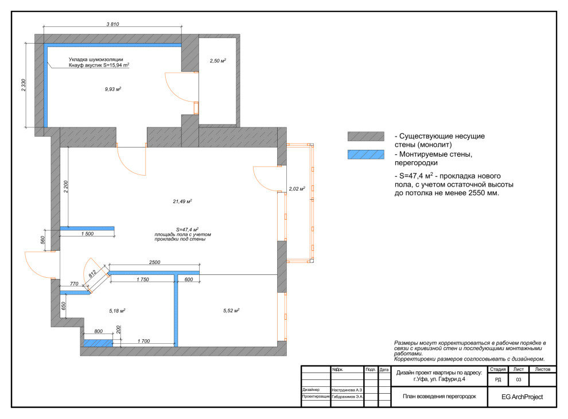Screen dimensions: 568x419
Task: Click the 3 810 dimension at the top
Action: (x=112, y=24)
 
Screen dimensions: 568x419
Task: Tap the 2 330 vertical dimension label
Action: (x=24, y=85)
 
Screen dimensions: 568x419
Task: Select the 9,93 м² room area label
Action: (x=113, y=89)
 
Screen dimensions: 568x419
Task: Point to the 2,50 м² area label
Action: (x=217, y=60)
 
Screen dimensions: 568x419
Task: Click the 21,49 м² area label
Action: (x=182, y=201)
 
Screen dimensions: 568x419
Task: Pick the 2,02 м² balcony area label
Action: (x=297, y=188)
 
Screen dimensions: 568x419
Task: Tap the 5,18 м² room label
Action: (x=117, y=311)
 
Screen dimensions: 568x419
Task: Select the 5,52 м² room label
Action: (x=231, y=311)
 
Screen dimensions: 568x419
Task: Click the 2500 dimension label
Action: (x=155, y=262)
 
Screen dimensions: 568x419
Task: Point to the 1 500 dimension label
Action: (x=87, y=234)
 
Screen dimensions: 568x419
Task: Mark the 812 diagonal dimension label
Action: (x=92, y=273)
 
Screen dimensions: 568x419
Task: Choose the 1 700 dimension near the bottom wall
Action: (x=143, y=341)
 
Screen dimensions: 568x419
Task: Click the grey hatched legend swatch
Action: (x=366, y=136)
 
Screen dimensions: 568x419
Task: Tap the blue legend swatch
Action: (x=366, y=154)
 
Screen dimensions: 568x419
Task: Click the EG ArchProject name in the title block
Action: (x=522, y=397)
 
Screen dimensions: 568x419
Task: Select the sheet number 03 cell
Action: (x=519, y=379)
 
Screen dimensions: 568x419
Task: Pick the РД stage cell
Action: (x=498, y=379)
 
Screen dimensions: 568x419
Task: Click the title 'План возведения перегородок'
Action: (x=439, y=396)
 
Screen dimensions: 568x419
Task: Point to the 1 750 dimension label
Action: (x=143, y=280)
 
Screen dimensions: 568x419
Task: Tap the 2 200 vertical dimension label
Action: (x=66, y=187)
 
